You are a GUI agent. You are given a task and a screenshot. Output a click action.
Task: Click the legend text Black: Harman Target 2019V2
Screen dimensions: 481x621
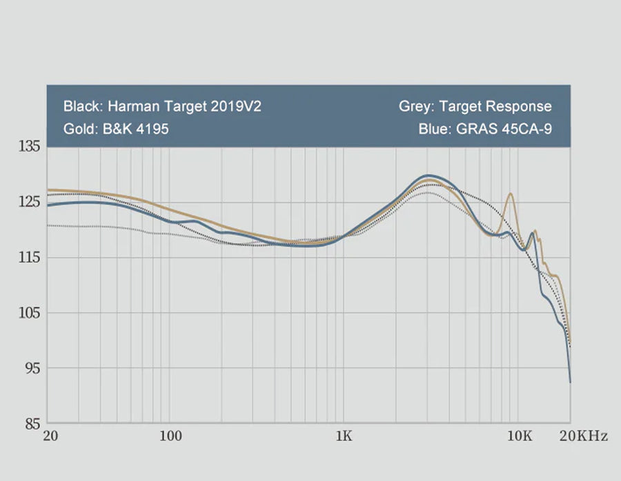pos(162,107)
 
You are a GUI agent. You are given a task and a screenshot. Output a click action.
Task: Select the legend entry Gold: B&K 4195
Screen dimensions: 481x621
pos(115,130)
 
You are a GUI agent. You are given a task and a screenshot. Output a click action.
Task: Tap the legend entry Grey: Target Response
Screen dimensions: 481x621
pos(475,107)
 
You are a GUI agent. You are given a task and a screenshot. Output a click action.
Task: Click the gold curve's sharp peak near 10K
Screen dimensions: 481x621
pos(511,194)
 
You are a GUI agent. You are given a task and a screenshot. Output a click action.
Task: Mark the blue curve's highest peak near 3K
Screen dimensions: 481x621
pos(429,176)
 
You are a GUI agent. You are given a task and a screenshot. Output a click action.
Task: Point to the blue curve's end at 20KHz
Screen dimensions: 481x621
pos(570,381)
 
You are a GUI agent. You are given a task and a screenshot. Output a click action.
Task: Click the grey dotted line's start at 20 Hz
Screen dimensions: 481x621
pos(47,225)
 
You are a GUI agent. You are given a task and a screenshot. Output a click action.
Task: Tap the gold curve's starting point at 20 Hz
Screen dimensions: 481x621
pos(47,190)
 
